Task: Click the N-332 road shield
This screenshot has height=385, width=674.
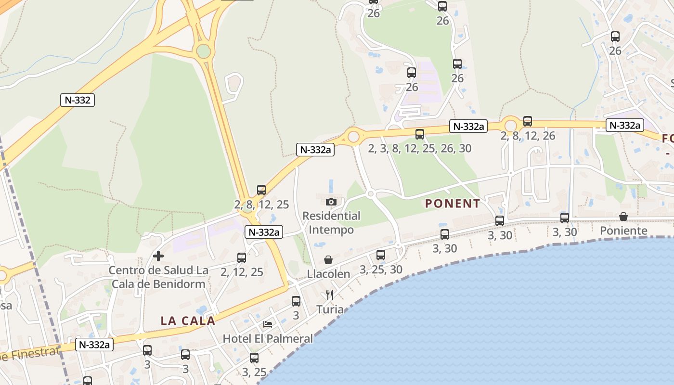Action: (x=77, y=100)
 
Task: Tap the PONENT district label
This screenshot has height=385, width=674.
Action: (x=453, y=204)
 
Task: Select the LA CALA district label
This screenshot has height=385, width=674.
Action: (x=188, y=321)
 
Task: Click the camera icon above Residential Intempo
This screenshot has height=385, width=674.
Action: (x=331, y=202)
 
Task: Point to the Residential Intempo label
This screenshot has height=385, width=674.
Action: (x=331, y=223)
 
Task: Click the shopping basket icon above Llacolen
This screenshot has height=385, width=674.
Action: (x=328, y=260)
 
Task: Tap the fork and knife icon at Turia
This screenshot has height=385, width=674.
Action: (x=330, y=295)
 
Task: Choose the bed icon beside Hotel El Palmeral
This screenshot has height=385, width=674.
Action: (x=268, y=324)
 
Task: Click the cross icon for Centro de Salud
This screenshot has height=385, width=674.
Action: (x=158, y=256)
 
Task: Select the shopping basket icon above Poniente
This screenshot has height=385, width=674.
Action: (x=623, y=217)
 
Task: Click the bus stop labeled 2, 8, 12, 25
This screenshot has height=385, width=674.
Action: (x=261, y=190)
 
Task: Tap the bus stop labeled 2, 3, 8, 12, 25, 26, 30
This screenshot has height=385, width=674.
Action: (x=420, y=134)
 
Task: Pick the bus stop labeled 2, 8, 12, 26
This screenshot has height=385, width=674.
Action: (x=528, y=121)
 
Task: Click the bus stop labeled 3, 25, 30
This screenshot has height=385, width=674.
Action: (x=381, y=255)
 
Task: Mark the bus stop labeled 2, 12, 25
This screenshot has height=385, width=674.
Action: (x=242, y=258)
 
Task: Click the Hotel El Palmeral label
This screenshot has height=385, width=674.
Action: (x=268, y=338)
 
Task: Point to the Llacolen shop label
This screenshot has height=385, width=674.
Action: (x=329, y=274)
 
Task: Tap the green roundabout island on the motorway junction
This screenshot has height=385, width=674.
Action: (x=204, y=51)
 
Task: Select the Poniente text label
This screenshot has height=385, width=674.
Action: (x=623, y=231)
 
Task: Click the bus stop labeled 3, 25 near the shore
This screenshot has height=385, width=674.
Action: (x=254, y=358)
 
